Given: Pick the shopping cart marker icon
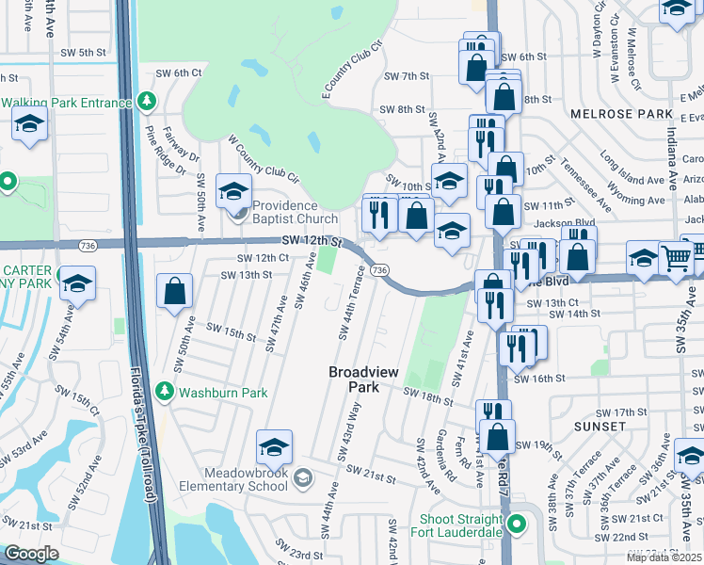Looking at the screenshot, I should click(x=677, y=255).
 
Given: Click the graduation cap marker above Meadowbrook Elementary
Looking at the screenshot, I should click(x=274, y=446).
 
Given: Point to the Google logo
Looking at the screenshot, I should click(x=32, y=554).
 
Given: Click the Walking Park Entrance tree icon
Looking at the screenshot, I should click(x=146, y=101).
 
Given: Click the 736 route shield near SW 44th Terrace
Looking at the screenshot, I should click(x=379, y=270).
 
